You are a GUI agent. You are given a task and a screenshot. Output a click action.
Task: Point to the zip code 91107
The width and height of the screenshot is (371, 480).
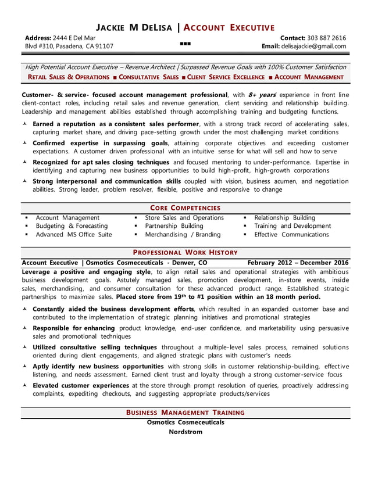(x=104, y=46)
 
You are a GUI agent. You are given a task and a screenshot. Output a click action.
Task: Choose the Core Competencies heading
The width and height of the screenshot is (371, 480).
(x=185, y=207)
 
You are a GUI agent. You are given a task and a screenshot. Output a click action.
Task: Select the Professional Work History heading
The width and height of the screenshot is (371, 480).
(x=185, y=252)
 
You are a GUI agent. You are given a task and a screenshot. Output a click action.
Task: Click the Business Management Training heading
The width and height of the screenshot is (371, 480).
(x=185, y=412)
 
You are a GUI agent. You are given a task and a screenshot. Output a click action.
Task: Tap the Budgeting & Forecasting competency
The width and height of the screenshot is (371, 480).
(x=72, y=226)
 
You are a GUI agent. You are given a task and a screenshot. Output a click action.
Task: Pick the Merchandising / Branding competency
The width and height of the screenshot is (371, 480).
(x=183, y=235)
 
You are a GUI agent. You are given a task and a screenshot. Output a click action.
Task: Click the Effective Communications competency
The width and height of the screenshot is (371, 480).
(x=291, y=235)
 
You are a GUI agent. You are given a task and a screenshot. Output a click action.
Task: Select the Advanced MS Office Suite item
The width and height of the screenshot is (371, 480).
(x=74, y=235)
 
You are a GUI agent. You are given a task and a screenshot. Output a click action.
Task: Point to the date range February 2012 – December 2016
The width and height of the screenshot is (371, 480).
(x=298, y=263)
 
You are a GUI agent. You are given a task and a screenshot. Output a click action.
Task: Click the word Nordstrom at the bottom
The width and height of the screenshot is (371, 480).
(x=185, y=432)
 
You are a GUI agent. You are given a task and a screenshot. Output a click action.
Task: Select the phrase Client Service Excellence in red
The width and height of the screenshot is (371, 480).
(x=226, y=77)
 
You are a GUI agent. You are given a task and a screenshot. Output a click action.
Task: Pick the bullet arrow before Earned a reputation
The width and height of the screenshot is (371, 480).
(x=25, y=124)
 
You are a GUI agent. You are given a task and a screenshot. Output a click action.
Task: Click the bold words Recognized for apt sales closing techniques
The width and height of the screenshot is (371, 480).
(x=101, y=162)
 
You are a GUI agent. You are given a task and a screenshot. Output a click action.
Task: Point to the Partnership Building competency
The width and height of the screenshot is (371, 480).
(x=174, y=226)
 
